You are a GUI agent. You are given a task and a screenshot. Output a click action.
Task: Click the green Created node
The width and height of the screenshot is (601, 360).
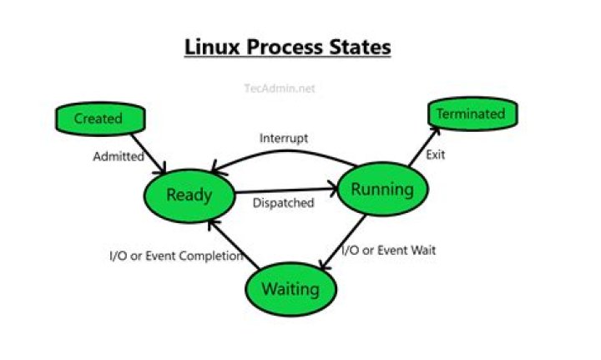coord(98,119)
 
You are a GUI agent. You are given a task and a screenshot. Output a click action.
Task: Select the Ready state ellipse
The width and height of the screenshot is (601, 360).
coord(189,195)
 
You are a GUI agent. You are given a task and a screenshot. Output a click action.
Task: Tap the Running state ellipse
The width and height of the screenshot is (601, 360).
coord(381,190)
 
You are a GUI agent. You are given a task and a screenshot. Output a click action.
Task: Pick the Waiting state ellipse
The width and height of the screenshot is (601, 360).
coord(290,289)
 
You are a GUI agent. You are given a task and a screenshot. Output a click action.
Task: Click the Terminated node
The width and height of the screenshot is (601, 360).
coord(472,114)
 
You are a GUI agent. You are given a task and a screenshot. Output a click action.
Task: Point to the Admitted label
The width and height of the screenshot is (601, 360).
coord(118,156)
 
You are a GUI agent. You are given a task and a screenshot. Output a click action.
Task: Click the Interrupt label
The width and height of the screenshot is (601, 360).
coord(284,138)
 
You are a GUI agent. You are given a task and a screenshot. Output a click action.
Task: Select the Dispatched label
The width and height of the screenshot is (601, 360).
coord(283,203)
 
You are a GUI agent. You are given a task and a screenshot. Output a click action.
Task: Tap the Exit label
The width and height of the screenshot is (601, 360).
coord(436,155)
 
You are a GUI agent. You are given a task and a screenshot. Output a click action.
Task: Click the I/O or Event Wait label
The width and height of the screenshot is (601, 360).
coord(390,249)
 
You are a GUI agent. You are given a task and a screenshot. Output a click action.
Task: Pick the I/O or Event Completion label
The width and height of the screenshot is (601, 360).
coord(176,256)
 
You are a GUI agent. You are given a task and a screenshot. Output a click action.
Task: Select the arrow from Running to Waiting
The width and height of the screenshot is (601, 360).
coord(343,244)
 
